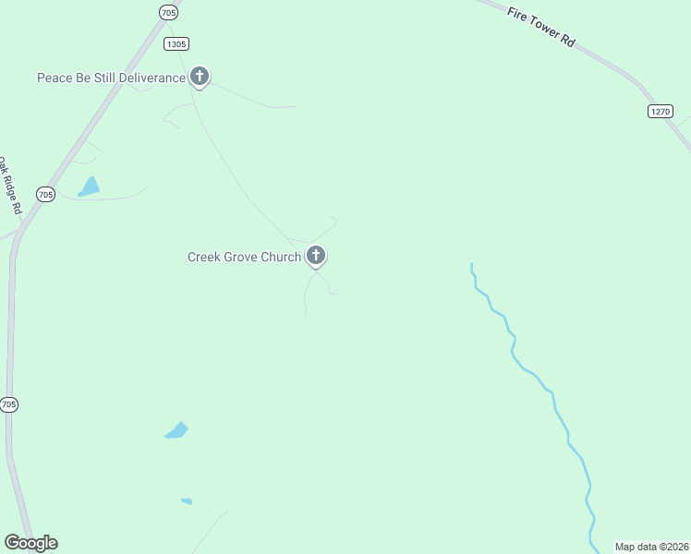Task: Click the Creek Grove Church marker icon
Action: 316,256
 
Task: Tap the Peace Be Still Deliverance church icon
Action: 199,77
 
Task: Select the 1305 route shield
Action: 176,43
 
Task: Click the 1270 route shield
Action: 660,111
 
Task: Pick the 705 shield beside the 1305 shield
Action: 167,12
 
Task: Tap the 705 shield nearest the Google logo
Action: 9,404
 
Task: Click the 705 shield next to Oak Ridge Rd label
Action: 45,194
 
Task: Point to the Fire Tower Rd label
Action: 541,28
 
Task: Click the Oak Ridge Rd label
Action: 9,186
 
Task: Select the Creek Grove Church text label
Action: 244,257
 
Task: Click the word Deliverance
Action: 147,78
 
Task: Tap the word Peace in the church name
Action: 54,78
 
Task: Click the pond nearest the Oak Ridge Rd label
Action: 90,187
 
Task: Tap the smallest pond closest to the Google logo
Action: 187,501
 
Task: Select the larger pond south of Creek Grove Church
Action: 176,430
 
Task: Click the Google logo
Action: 30,543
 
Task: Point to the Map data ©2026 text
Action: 651,547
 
